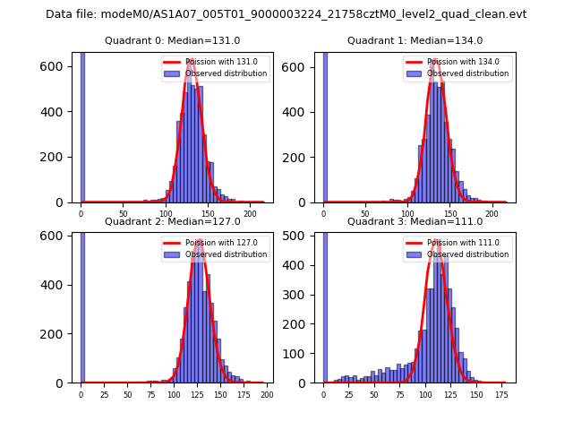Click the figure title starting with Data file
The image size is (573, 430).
pyautogui.click(x=286, y=14)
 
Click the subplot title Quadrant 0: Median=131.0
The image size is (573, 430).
pyautogui.click(x=173, y=40)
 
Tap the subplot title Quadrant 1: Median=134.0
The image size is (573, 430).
pyautogui.click(x=415, y=40)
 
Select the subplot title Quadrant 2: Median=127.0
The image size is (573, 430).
pyautogui.click(x=173, y=221)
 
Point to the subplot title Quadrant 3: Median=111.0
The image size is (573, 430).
pyautogui.click(x=415, y=221)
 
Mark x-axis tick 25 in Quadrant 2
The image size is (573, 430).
pyautogui.click(x=104, y=394)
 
